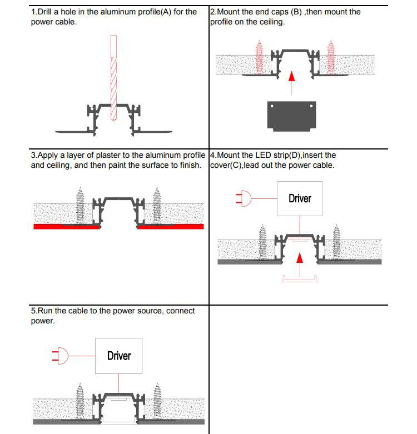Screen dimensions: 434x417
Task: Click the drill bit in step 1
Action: point(114,78)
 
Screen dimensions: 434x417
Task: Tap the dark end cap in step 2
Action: point(291,116)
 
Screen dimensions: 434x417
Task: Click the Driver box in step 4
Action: point(300,198)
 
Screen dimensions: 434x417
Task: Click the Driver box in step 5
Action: point(119,356)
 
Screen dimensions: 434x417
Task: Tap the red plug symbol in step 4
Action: point(244,198)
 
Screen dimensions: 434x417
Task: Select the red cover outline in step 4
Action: point(299,279)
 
